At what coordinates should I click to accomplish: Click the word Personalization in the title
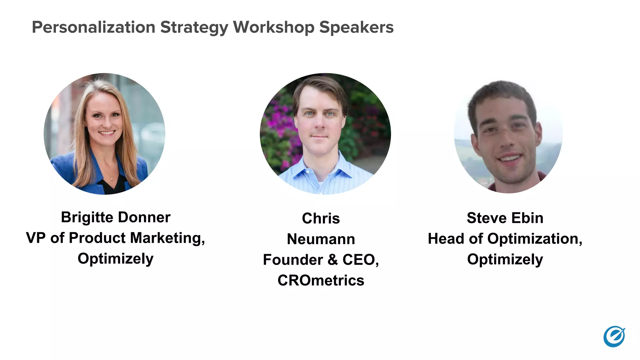(x=93, y=27)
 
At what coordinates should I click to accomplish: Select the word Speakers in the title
(x=356, y=27)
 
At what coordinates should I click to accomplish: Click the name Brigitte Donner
(x=116, y=217)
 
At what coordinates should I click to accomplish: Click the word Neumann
(x=321, y=239)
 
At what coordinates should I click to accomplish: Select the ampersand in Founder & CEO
(x=333, y=260)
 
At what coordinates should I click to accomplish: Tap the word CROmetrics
(x=321, y=280)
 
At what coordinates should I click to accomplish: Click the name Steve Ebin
(x=505, y=218)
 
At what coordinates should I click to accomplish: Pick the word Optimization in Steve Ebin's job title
(x=535, y=239)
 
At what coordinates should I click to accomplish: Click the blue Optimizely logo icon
(x=614, y=337)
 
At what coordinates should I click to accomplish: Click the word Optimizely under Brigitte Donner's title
(x=116, y=259)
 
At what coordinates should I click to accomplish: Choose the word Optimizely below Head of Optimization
(x=505, y=260)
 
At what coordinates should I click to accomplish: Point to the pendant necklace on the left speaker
(x=112, y=178)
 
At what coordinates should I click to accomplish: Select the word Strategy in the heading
(x=194, y=27)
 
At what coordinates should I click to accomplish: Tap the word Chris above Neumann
(x=321, y=218)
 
